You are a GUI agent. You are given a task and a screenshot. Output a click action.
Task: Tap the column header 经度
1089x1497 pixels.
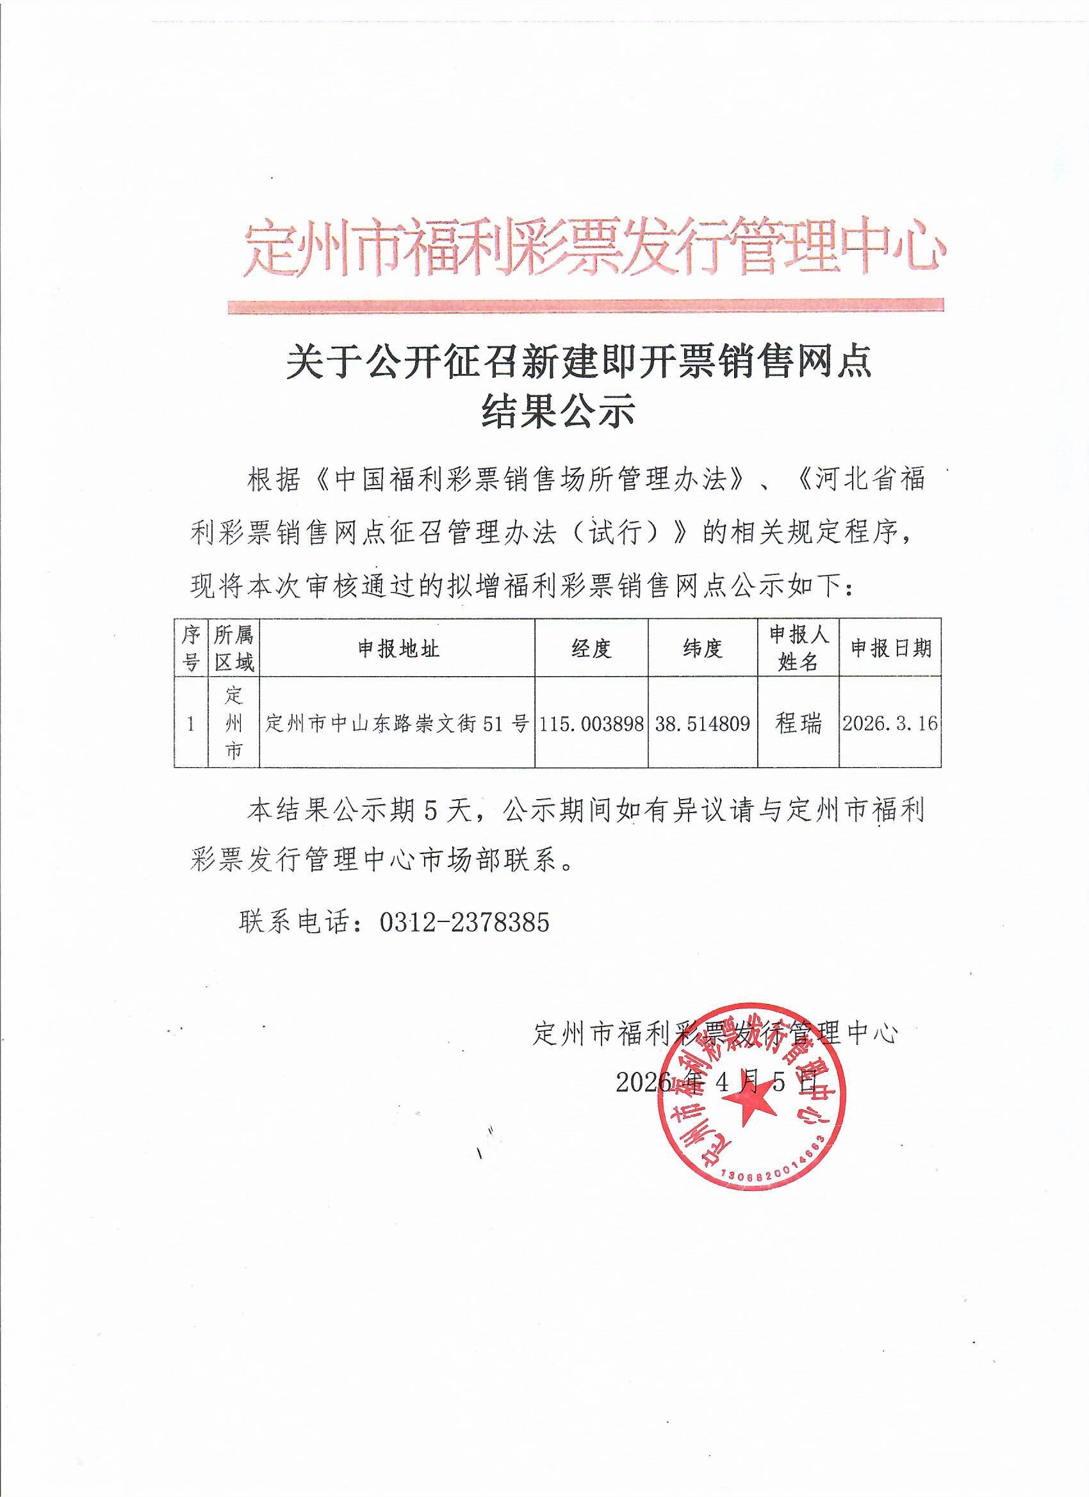click(x=591, y=649)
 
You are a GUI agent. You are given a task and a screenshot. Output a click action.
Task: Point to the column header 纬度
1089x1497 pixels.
click(x=703, y=649)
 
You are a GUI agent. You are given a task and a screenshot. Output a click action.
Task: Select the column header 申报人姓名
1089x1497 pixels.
click(x=798, y=649)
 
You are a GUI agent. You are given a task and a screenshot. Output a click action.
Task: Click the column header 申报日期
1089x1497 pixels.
click(x=890, y=649)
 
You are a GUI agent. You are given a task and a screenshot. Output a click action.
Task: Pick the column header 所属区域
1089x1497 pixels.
click(x=234, y=649)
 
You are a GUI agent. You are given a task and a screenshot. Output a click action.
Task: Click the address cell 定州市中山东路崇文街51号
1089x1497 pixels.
click(x=398, y=724)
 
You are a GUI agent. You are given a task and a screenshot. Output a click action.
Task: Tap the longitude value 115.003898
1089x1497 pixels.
click(x=591, y=724)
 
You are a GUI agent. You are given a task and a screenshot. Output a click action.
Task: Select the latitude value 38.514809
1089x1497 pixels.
click(x=703, y=724)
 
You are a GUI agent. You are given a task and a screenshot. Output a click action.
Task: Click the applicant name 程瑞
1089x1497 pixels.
click(x=798, y=724)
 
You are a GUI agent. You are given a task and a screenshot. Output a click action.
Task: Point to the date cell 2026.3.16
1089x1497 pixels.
click(x=890, y=724)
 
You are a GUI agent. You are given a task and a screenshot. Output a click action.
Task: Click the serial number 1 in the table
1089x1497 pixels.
click(x=191, y=724)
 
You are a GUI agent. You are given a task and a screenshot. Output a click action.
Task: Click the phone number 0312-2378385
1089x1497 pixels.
click(x=464, y=922)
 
